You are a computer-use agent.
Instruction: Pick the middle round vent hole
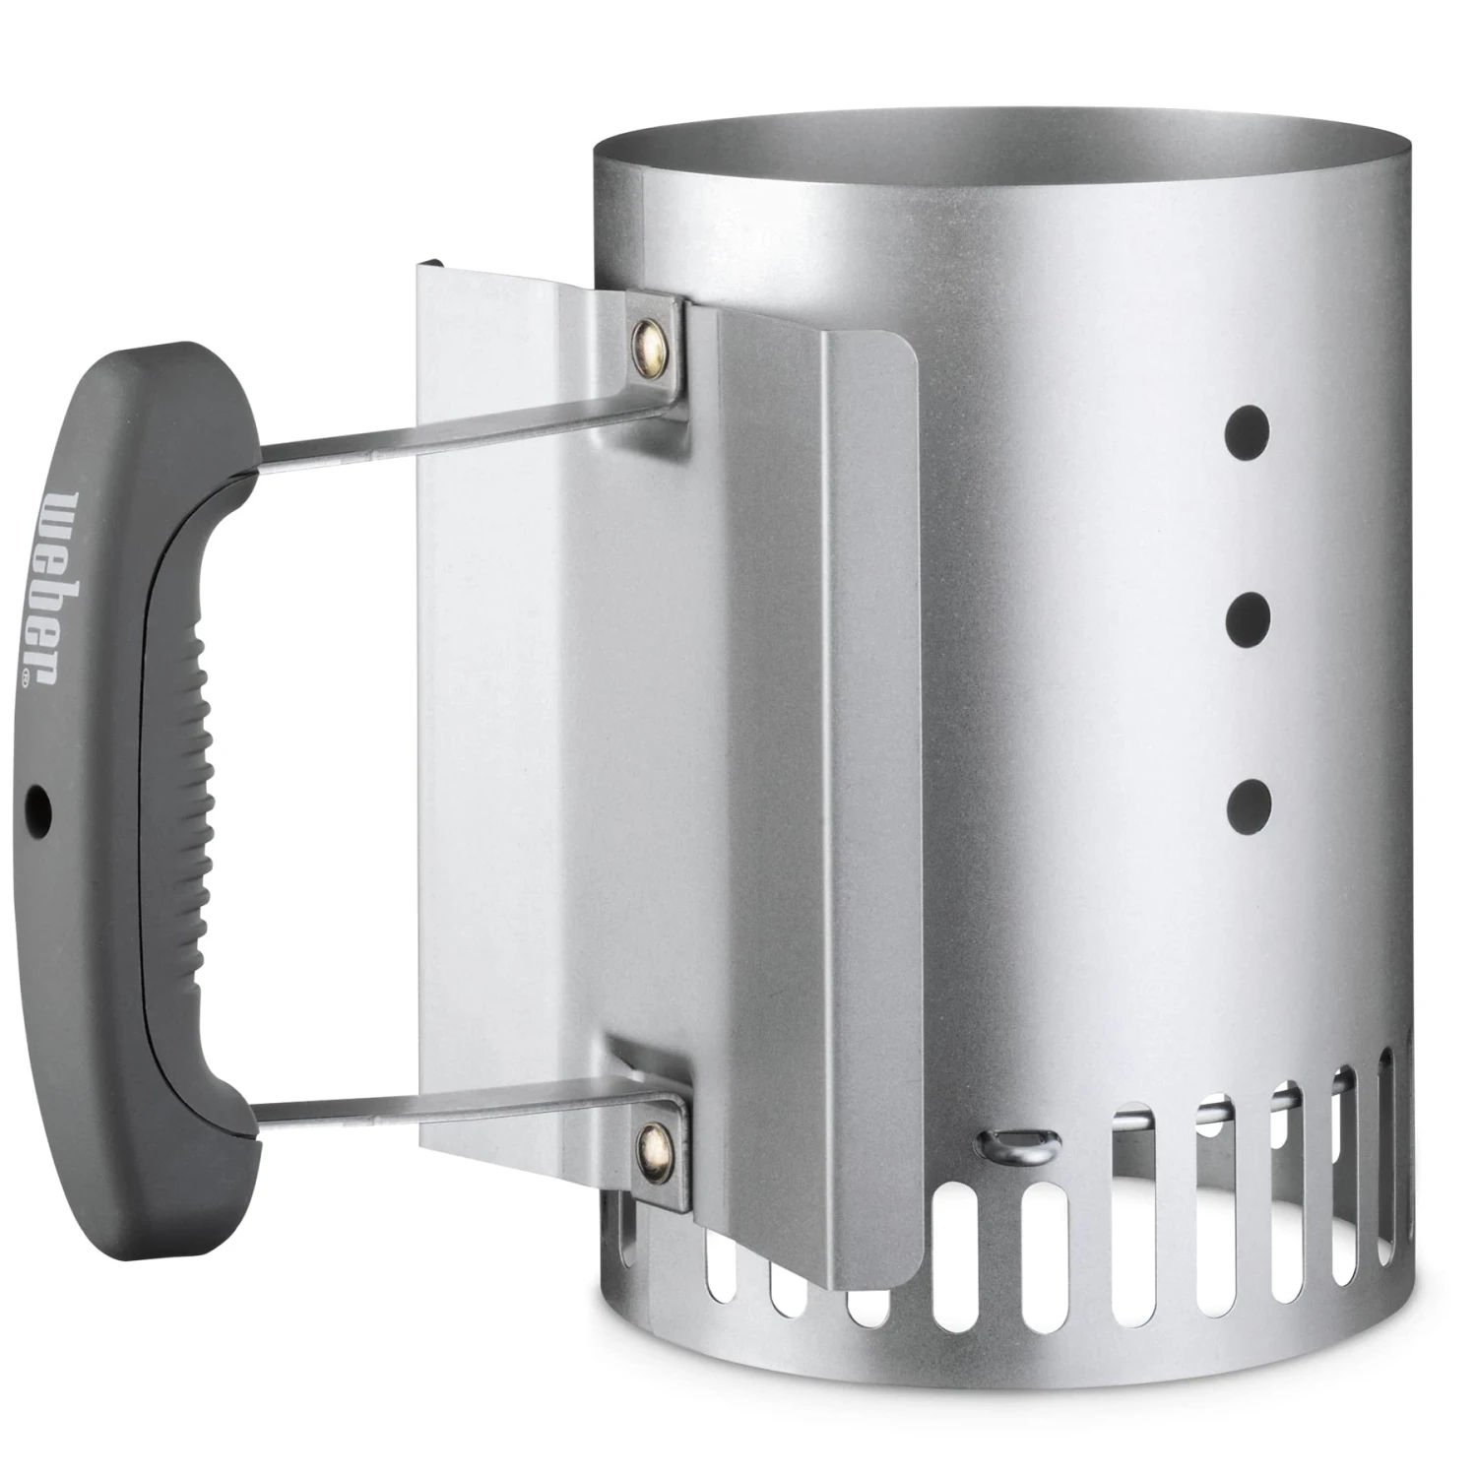(x=1249, y=617)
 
